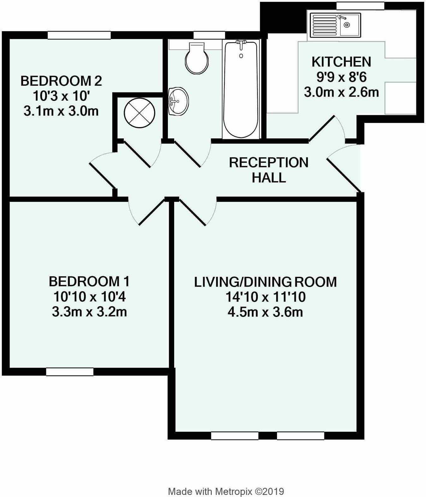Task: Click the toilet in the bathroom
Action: pos(197,58)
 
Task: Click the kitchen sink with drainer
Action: pos(335,25)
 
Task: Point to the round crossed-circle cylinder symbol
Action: pos(139,113)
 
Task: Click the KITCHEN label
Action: pos(341,62)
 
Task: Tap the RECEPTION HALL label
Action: pos(269,170)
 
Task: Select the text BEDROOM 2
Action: pos(61,81)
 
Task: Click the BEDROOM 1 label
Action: pos(89,281)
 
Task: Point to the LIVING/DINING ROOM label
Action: pos(265,282)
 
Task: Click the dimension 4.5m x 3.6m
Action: pos(265,312)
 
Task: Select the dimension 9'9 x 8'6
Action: pos(341,77)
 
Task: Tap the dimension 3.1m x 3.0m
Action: pos(61,111)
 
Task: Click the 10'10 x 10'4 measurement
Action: pos(89,297)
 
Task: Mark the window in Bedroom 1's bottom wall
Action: pos(70,372)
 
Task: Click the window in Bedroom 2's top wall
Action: pos(79,35)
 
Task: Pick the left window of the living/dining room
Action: pos(234,436)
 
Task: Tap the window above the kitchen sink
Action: pos(360,6)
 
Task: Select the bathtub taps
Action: pos(241,44)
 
